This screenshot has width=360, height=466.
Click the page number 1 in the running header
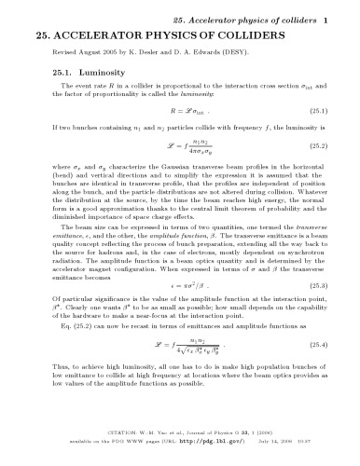[x=339, y=18]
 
